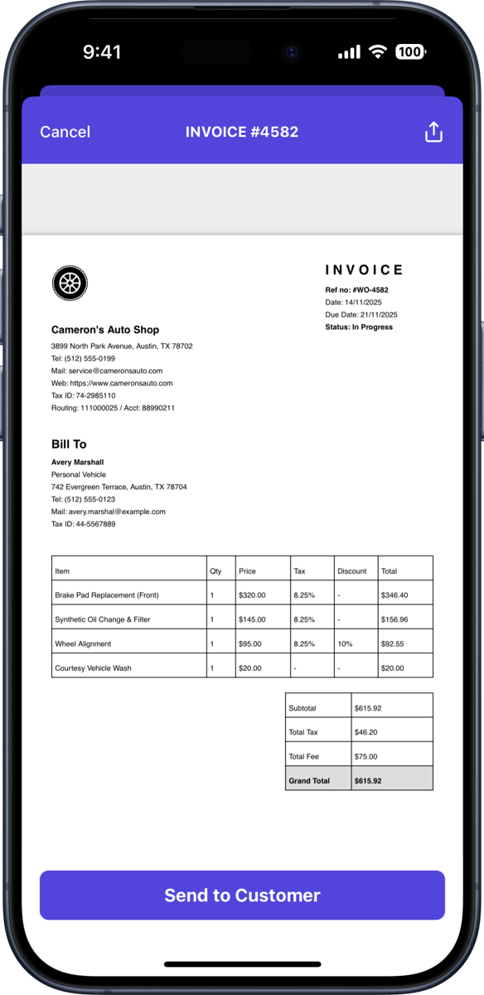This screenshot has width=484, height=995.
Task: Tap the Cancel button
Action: click(65, 132)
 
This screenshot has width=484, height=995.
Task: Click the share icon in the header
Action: click(433, 132)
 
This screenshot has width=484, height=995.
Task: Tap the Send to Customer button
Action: click(242, 895)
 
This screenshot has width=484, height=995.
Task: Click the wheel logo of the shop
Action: click(70, 283)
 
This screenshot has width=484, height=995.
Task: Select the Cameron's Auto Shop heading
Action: click(105, 330)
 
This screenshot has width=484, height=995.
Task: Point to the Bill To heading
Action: click(69, 444)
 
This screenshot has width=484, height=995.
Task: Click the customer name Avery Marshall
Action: click(78, 462)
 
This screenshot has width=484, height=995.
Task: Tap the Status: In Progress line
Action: click(359, 328)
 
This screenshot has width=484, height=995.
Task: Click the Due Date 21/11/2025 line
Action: click(361, 315)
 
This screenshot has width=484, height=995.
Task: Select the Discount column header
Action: click(352, 571)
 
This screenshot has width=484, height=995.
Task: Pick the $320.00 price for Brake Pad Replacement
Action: click(252, 595)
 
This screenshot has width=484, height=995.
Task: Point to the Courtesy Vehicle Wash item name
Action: click(93, 668)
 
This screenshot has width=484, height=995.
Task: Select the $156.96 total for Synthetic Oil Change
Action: click(394, 619)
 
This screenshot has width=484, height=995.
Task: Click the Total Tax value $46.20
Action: click(366, 733)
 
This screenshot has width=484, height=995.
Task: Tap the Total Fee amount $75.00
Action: click(366, 757)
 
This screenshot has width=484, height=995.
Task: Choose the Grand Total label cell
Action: click(309, 781)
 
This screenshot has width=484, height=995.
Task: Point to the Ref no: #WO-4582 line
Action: click(356, 290)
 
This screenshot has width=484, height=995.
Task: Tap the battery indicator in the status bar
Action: click(410, 52)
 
